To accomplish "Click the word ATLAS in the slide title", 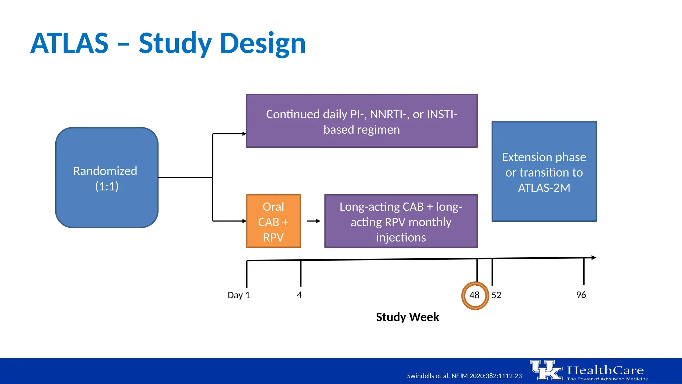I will pyautogui.click(x=69, y=44).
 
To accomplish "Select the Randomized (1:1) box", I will pyautogui.click(x=107, y=178).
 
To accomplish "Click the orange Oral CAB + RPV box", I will pyautogui.click(x=273, y=221).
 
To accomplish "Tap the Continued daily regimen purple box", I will pyautogui.click(x=362, y=121).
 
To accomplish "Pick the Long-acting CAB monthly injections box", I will pyautogui.click(x=401, y=221).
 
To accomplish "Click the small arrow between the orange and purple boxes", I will pyautogui.click(x=313, y=221).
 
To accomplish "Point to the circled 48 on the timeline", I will pyautogui.click(x=475, y=295).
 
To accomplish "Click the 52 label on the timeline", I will pyautogui.click(x=496, y=295).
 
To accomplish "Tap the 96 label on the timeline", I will pyautogui.click(x=581, y=295).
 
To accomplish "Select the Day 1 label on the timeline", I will pyautogui.click(x=239, y=295).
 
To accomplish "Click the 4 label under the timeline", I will pyautogui.click(x=299, y=295).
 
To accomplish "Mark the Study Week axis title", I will pyautogui.click(x=407, y=317).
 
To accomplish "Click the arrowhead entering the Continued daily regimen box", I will pyautogui.click(x=244, y=134).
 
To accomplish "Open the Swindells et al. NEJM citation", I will pyautogui.click(x=464, y=376).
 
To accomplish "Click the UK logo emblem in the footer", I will pyautogui.click(x=546, y=370).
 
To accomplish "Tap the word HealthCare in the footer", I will pyautogui.click(x=605, y=370).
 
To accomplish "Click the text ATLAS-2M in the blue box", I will pyautogui.click(x=544, y=188).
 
